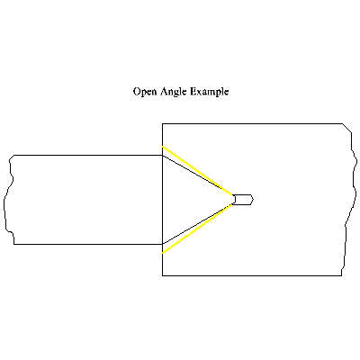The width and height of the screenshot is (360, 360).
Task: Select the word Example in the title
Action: pyautogui.click(x=210, y=92)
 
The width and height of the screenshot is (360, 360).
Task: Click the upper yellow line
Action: pyautogui.click(x=198, y=171)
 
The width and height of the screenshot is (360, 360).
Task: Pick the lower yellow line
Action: pyautogui.click(x=198, y=229)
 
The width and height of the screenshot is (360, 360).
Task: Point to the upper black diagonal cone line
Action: pyautogui.click(x=198, y=175)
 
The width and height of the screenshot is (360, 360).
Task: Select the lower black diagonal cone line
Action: pyautogui.click(x=198, y=224)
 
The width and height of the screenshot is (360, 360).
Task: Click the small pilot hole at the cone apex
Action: pyautogui.click(x=243, y=200)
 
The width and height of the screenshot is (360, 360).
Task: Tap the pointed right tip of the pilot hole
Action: pyautogui.click(x=254, y=199)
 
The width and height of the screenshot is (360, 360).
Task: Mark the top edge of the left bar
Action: pyautogui.click(x=88, y=155)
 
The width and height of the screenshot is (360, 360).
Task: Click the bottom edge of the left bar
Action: pyautogui.click(x=88, y=244)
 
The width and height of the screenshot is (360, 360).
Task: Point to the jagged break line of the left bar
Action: pyautogui.click(x=8, y=200)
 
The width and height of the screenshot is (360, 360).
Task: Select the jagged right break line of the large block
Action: pyautogui.click(x=349, y=200)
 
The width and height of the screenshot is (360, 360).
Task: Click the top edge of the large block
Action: pyautogui.click(x=253, y=123)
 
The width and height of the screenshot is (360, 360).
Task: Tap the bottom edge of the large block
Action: pyautogui.click(x=252, y=275)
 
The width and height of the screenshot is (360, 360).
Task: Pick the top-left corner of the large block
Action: pyautogui.click(x=162, y=123)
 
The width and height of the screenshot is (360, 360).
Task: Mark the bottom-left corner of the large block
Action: pyautogui.click(x=162, y=275)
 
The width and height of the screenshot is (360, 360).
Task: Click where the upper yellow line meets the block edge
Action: pyautogui.click(x=162, y=147)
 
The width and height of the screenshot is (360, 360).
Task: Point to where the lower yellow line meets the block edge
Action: pyautogui.click(x=162, y=253)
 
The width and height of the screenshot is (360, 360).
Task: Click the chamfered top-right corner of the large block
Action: pyautogui.click(x=347, y=128)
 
